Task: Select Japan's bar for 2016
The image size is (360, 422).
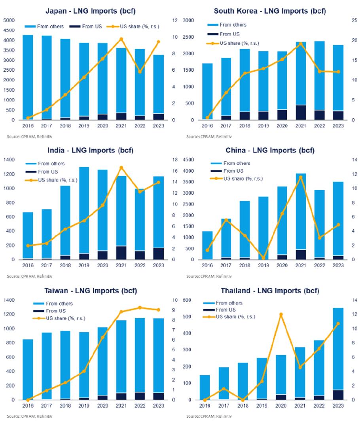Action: pyautogui.click(x=28, y=77)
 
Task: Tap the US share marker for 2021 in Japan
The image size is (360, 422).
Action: pyautogui.click(x=121, y=39)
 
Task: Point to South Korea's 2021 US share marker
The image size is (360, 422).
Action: pyautogui.click(x=301, y=44)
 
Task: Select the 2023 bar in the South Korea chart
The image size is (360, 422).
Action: pyautogui.click(x=338, y=82)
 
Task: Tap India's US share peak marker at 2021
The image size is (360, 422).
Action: pyautogui.click(x=121, y=168)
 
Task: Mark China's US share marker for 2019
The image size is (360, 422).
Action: pyautogui.click(x=263, y=258)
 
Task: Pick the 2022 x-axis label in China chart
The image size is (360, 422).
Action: pyautogui.click(x=319, y=265)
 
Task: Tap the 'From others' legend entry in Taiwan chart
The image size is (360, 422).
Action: pyautogui.click(x=55, y=304)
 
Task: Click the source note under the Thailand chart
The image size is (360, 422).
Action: pyautogui.click(x=209, y=416)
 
